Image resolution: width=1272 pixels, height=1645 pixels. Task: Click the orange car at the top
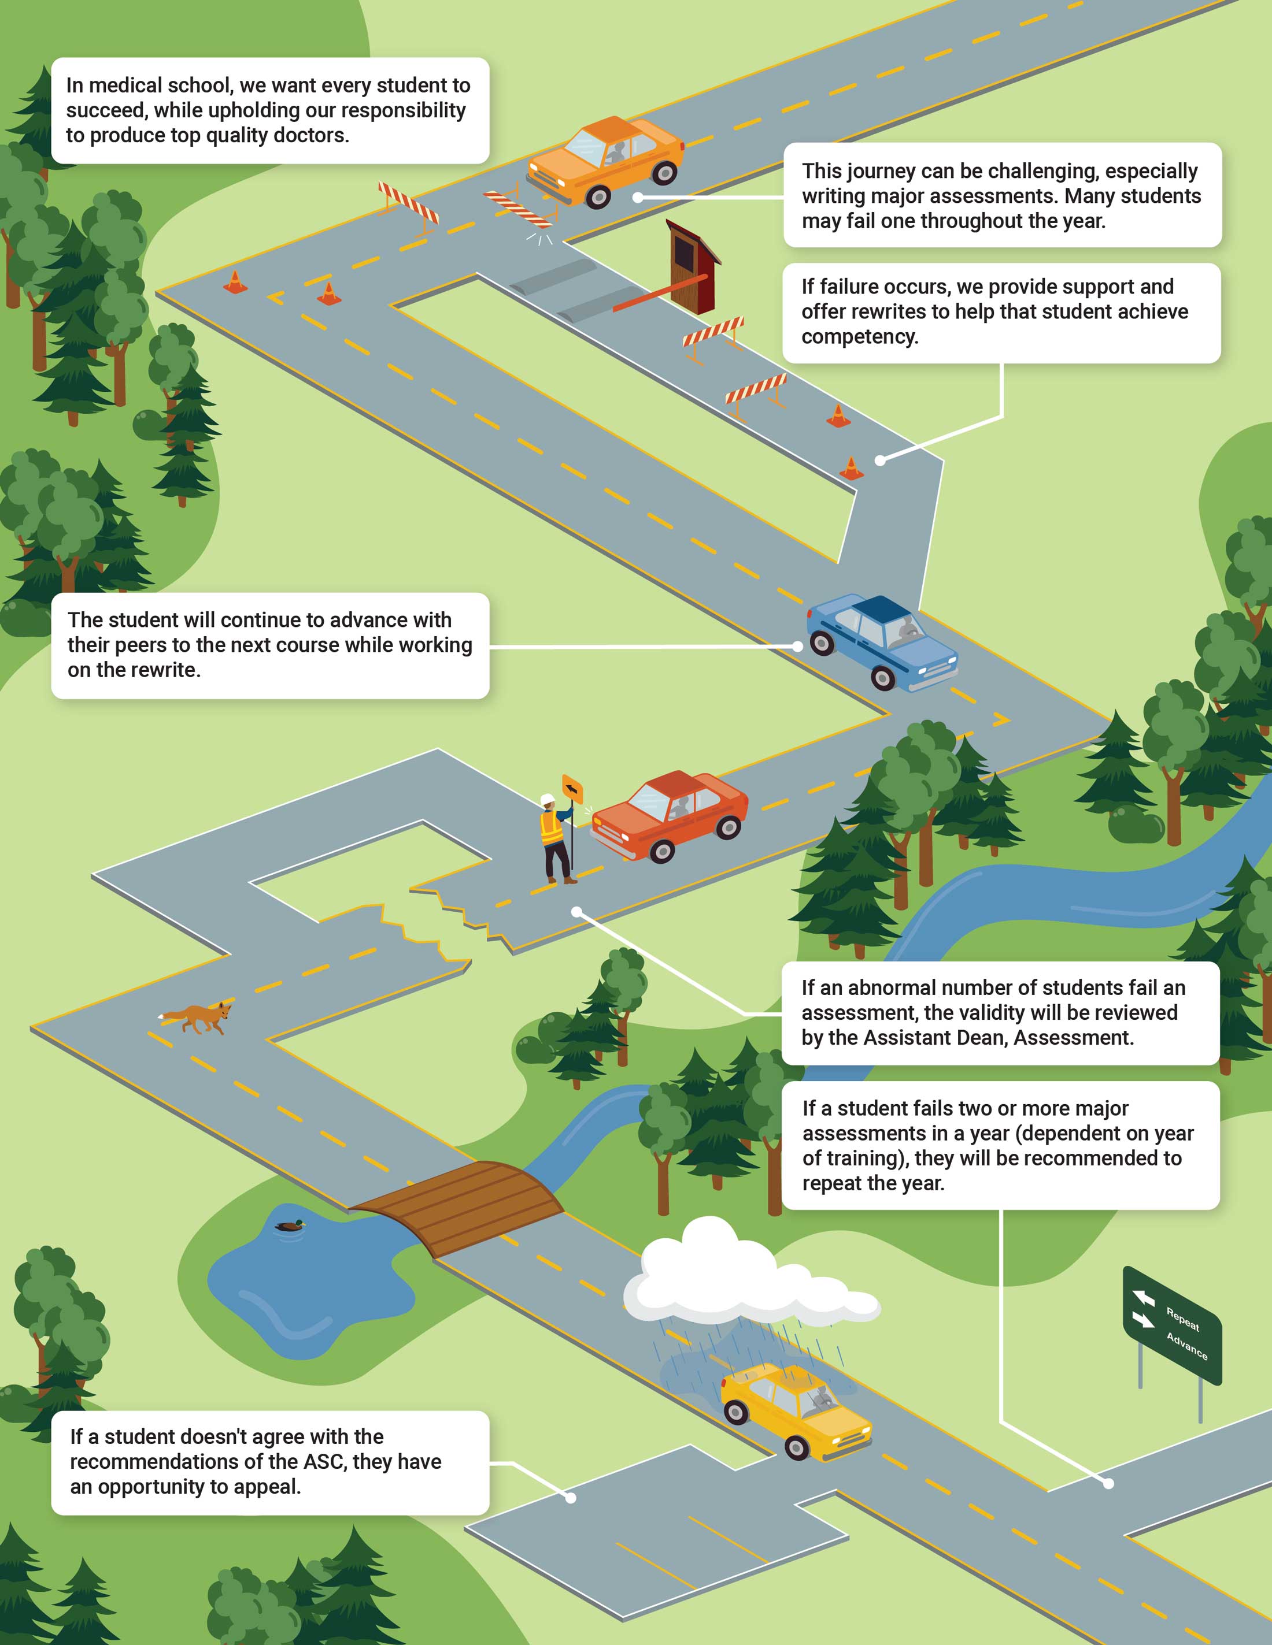click(x=605, y=162)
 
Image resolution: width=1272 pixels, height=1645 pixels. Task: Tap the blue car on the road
click(x=882, y=642)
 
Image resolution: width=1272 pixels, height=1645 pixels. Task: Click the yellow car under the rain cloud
click(x=796, y=1412)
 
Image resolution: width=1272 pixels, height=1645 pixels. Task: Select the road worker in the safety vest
click(x=557, y=838)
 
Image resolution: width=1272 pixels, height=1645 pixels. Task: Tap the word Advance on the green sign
click(x=1187, y=1346)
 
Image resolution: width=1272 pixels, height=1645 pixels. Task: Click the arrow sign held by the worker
click(x=573, y=790)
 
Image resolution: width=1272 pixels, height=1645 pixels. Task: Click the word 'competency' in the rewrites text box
click(x=860, y=337)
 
